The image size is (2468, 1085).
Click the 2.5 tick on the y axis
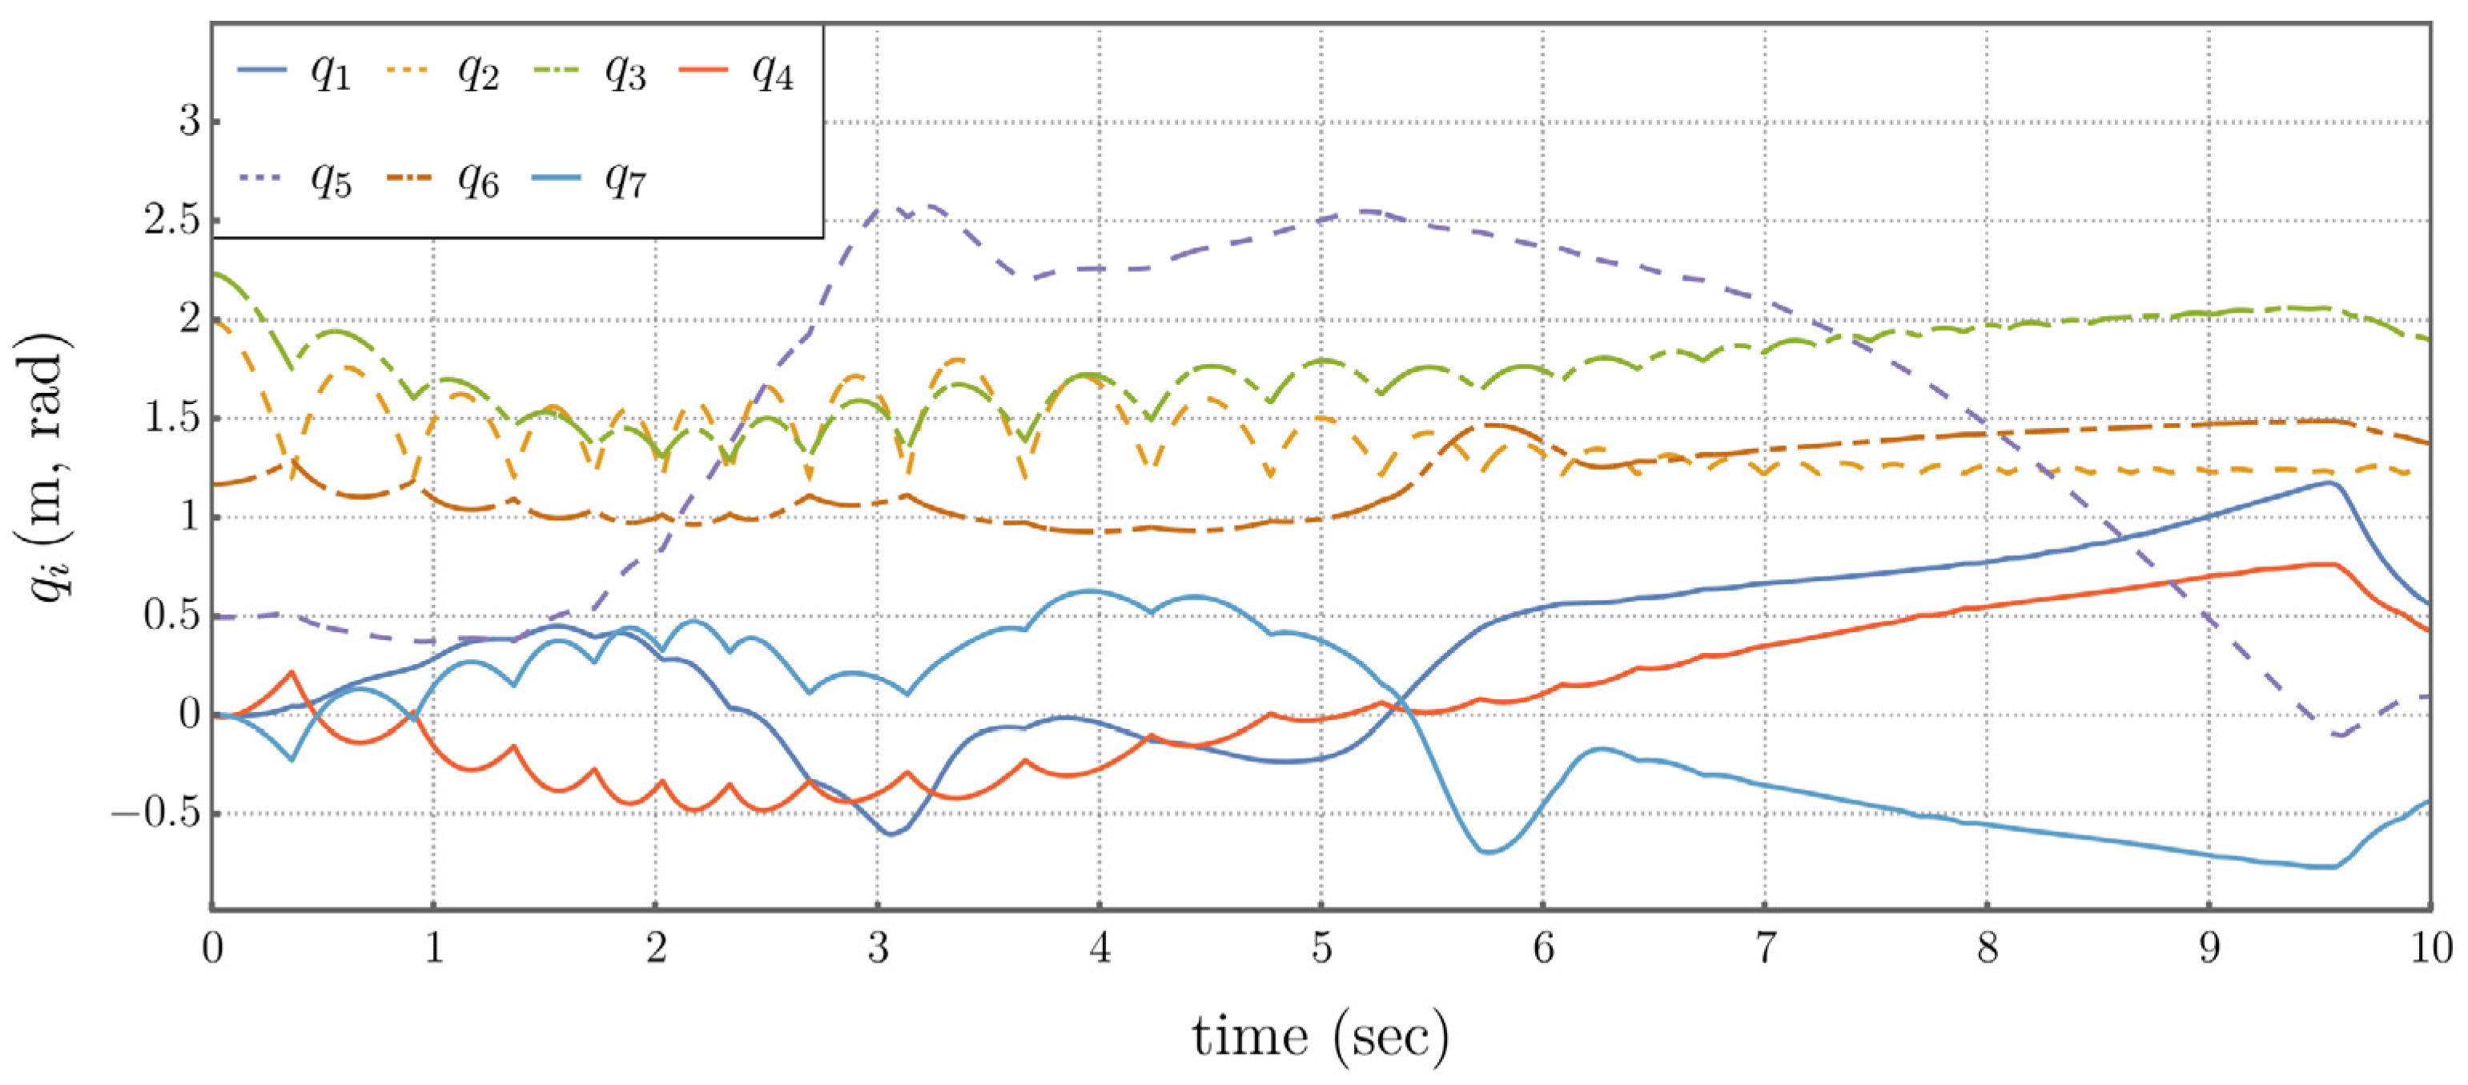point(171,220)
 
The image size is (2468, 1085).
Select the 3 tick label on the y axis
point(189,122)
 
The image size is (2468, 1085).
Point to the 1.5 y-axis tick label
point(171,418)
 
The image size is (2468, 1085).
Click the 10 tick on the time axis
point(2430,949)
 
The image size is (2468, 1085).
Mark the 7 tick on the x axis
point(1765,949)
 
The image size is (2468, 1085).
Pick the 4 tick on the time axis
point(1100,949)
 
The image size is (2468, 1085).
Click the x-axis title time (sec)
point(1320,1036)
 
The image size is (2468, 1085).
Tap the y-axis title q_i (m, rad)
point(48,466)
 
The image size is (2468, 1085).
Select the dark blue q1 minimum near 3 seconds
point(891,834)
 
